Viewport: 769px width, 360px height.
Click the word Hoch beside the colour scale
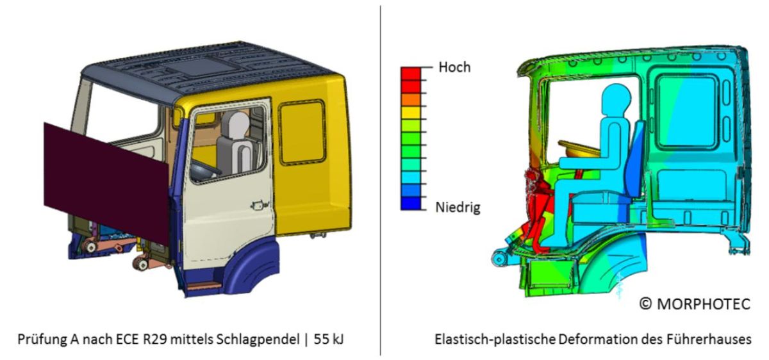click(x=454, y=67)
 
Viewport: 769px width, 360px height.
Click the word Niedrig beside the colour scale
click(x=458, y=207)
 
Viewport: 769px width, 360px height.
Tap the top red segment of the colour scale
click(x=410, y=73)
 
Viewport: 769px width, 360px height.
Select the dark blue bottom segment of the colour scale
click(x=410, y=204)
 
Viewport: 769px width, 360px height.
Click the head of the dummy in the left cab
click(x=238, y=124)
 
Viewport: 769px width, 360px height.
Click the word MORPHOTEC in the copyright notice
click(x=703, y=304)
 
